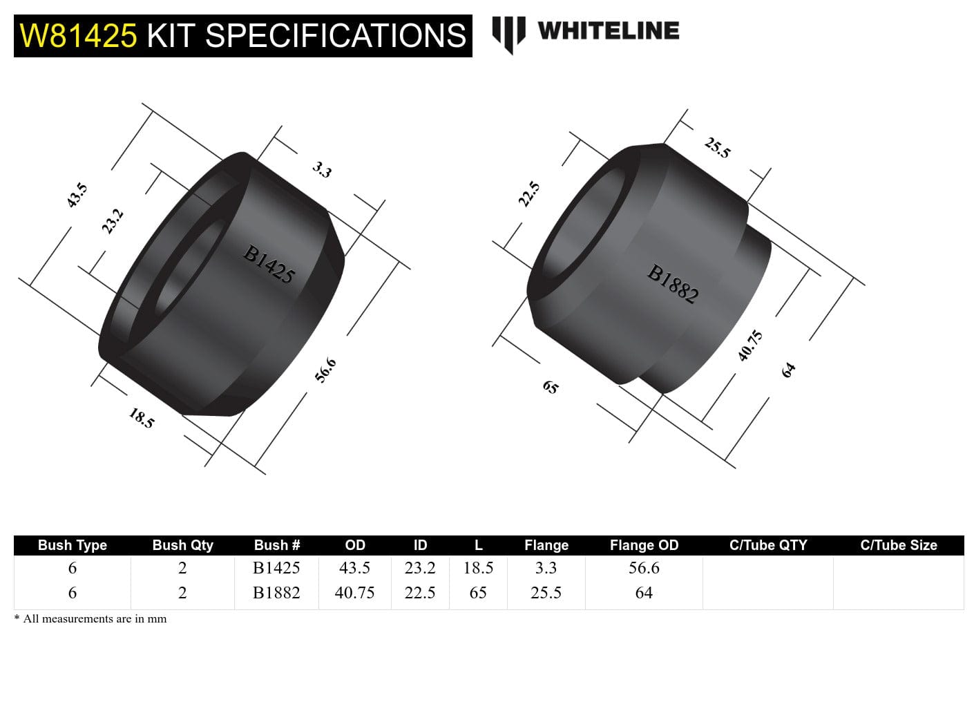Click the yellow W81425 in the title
pos(79,36)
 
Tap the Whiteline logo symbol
pos(508,34)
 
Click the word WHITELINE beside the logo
pos(608,30)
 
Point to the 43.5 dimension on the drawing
pos(77,195)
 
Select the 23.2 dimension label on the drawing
pos(113,221)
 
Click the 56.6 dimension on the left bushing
pos(325,370)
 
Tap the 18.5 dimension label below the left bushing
pos(142,417)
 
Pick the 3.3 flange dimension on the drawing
pos(322,169)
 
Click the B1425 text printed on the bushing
pos(269,264)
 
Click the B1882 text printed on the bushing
pos(673,284)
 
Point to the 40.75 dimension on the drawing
pos(750,345)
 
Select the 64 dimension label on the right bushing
pos(788,370)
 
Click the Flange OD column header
pos(644,545)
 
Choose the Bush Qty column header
pos(182,545)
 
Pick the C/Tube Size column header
pos(898,545)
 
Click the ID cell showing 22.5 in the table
pos(420,593)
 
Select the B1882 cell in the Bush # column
pos(276,593)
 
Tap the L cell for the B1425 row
pos(478,568)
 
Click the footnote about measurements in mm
pos(90,618)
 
